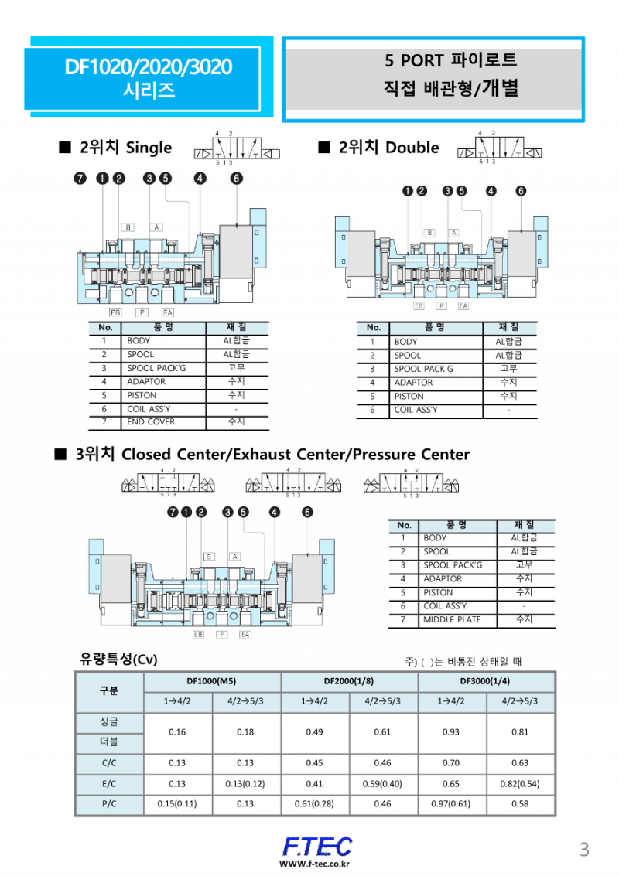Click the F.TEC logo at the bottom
[316, 846]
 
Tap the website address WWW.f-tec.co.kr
[315, 864]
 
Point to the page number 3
[584, 850]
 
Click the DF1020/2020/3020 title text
[148, 67]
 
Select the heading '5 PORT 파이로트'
[450, 60]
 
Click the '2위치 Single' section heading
[125, 148]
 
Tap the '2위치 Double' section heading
[388, 148]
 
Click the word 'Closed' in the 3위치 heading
[148, 454]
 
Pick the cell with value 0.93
[451, 732]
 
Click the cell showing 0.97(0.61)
[451, 803]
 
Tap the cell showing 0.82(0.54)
[520, 783]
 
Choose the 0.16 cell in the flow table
[177, 732]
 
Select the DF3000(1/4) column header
[485, 681]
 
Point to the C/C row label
[109, 762]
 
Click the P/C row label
[109, 803]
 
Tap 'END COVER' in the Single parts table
[151, 422]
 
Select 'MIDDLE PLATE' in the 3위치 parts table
[452, 620]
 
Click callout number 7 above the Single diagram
[80, 179]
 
